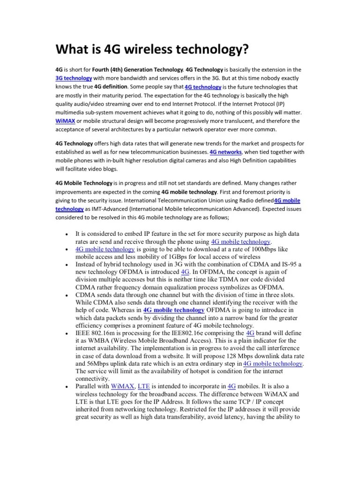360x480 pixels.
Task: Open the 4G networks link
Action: coord(226,152)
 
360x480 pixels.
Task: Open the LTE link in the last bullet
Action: coord(144,386)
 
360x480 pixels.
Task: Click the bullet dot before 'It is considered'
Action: coord(68,234)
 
